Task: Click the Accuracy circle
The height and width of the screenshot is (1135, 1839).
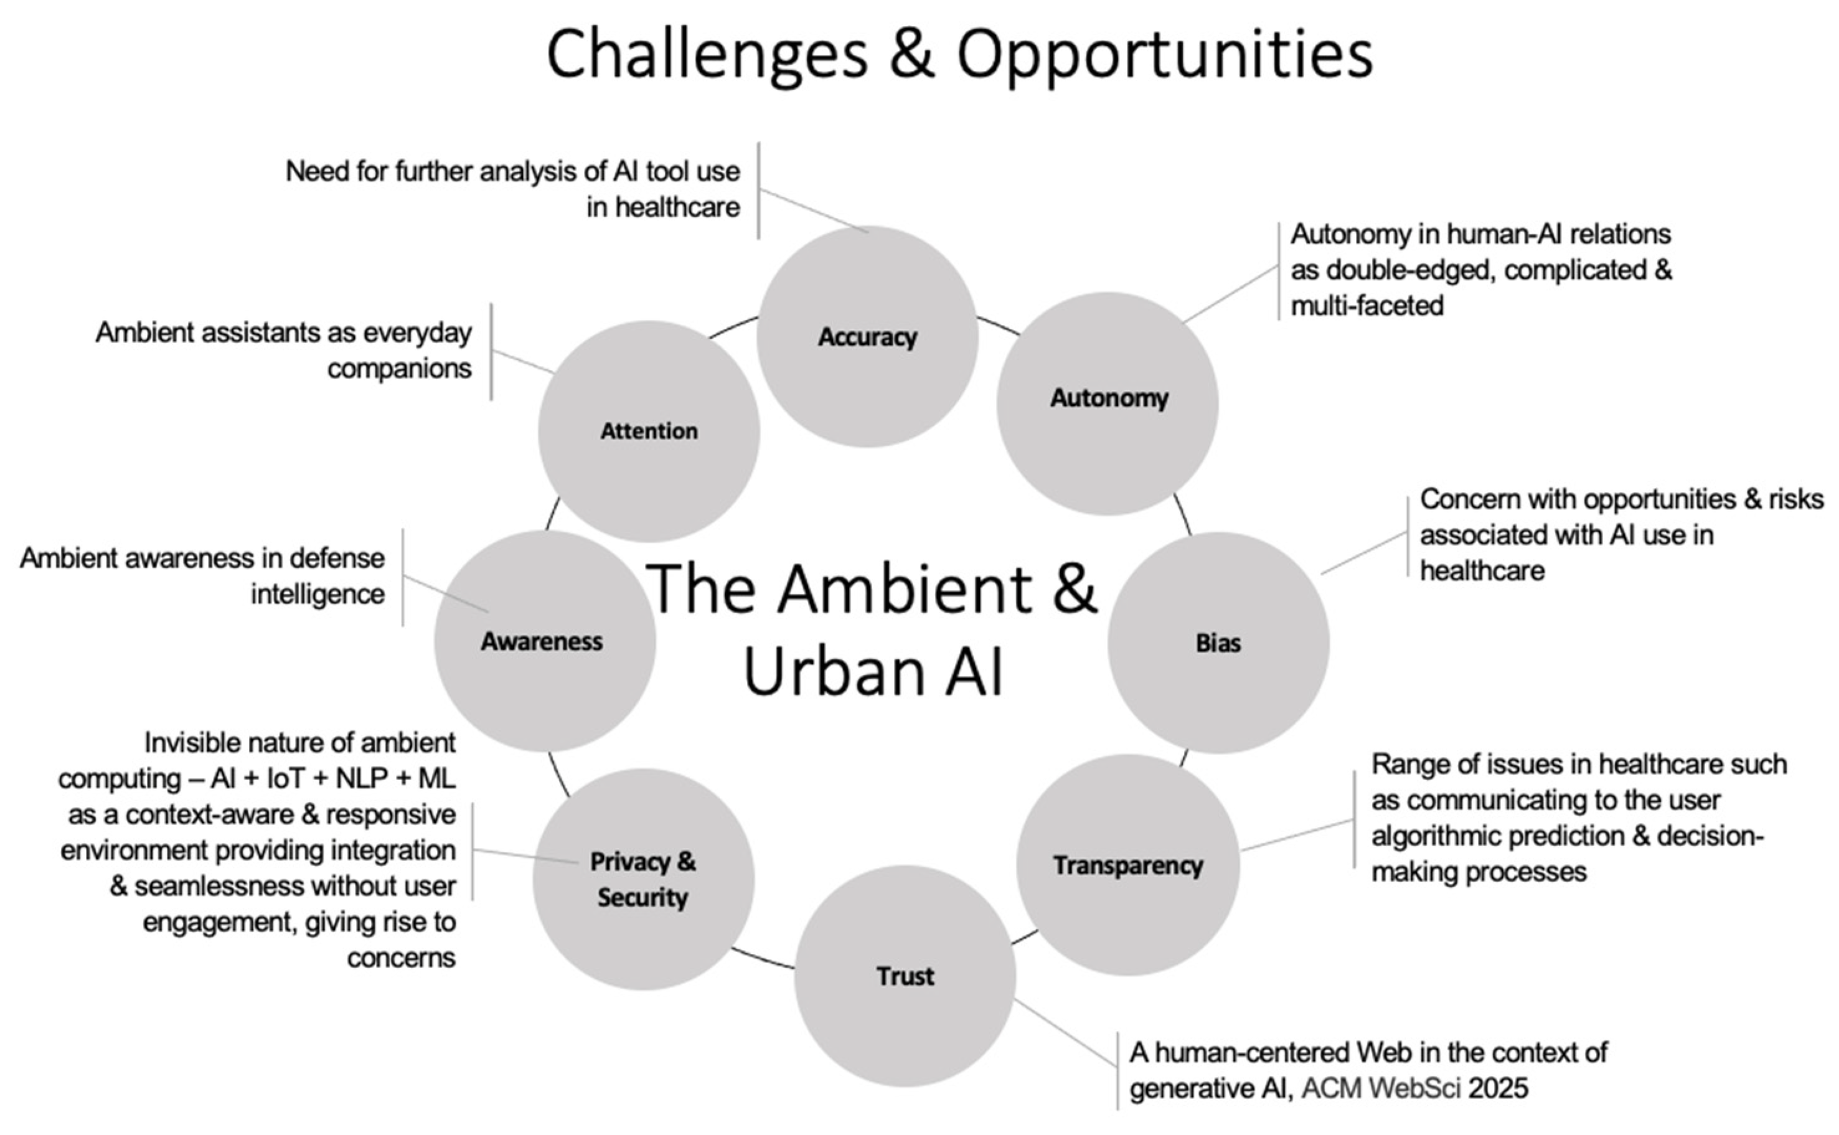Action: click(867, 337)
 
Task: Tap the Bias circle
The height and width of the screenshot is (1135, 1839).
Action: click(1218, 643)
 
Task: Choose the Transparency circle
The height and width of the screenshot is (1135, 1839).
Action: click(1127, 865)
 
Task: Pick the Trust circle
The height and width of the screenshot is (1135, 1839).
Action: click(905, 976)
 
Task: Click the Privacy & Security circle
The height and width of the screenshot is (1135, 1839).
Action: click(642, 879)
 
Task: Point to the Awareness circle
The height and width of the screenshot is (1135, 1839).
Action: click(543, 641)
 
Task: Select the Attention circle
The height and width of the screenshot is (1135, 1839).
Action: click(649, 431)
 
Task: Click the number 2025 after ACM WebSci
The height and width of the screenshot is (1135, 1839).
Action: click(1498, 1088)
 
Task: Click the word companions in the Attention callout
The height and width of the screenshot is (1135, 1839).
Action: click(399, 369)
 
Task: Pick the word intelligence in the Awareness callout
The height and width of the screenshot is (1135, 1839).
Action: click(317, 594)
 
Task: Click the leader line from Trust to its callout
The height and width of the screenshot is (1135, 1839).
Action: click(1066, 1032)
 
